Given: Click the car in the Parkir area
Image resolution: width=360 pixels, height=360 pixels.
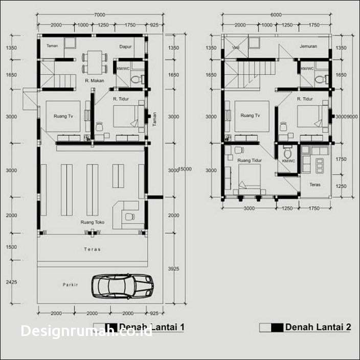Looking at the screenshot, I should point(123,286).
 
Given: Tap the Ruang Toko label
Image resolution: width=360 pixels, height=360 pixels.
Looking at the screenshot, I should point(92,222).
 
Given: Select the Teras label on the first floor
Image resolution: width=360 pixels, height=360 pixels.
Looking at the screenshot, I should point(92,250).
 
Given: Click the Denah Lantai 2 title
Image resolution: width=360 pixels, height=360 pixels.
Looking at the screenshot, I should point(318,327).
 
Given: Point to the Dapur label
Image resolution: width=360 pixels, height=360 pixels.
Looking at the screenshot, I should point(126,47).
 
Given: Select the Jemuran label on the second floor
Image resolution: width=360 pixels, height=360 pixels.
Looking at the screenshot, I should point(308,46).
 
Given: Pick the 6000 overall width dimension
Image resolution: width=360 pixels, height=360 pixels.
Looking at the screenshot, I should point(276,15).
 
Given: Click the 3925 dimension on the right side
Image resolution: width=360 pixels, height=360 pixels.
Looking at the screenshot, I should point(174,269).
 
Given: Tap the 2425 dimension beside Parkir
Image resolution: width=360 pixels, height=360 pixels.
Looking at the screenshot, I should point(11,282).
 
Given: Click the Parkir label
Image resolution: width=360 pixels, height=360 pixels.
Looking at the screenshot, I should point(71,284).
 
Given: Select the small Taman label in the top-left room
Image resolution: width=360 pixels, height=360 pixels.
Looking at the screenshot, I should point(52,46).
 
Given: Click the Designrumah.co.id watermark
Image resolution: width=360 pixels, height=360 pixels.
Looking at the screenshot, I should point(86,331).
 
